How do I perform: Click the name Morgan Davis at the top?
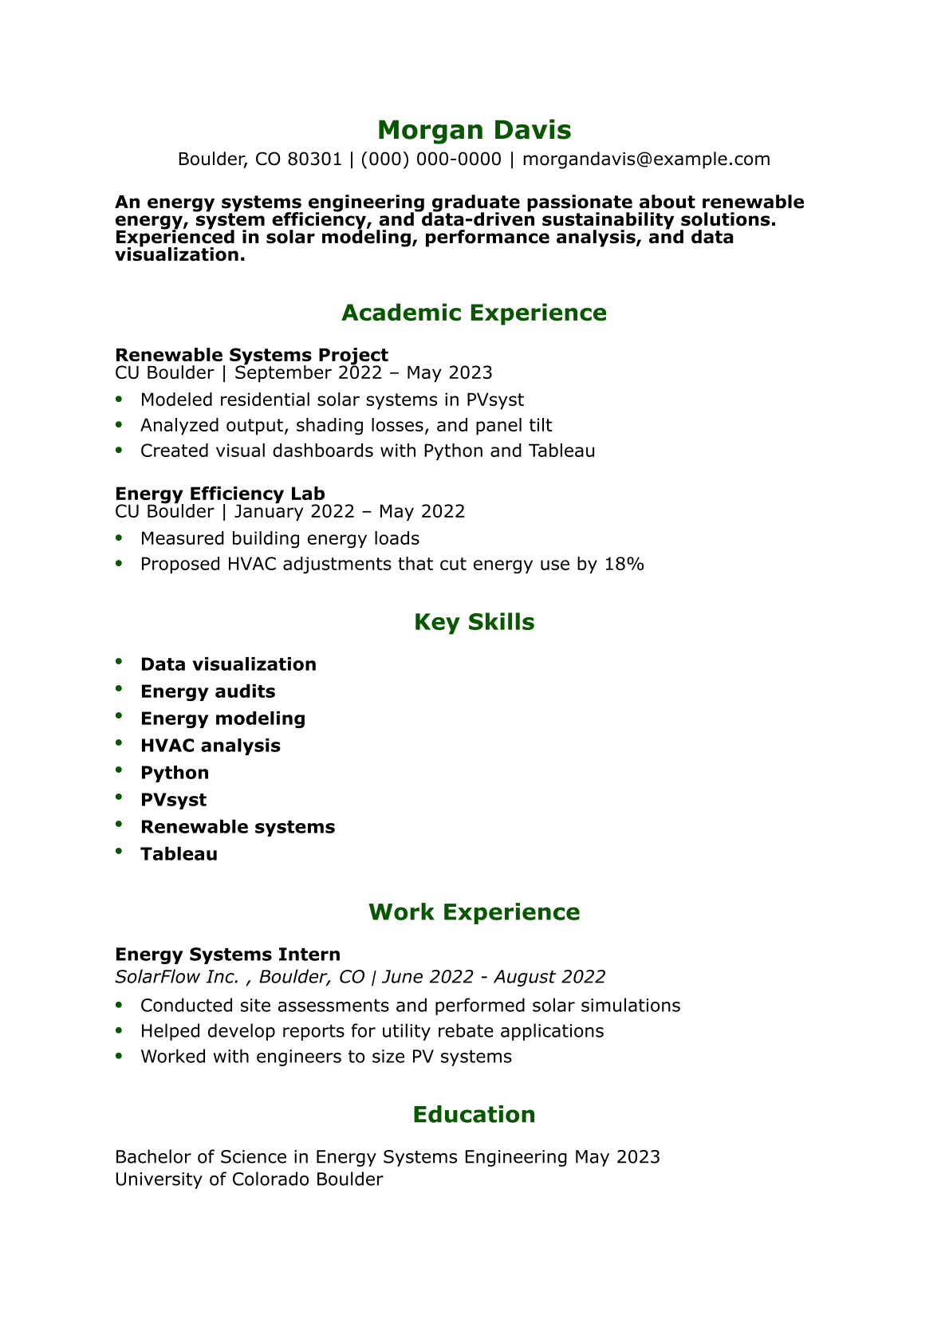[x=474, y=130]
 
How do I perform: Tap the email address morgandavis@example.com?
[x=646, y=160]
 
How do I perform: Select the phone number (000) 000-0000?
[x=431, y=160]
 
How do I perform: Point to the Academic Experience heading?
[x=474, y=313]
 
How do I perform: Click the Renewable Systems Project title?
[x=251, y=355]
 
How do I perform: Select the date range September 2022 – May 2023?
[x=363, y=373]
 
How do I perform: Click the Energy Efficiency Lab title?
[x=219, y=494]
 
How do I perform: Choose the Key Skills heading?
[x=474, y=622]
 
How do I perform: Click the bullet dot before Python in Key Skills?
[x=119, y=770]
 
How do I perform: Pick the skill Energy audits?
[x=207, y=691]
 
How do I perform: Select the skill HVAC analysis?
[x=211, y=746]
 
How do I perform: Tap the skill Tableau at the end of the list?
[x=179, y=854]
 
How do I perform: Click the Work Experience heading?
[x=474, y=912]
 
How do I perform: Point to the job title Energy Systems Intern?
[x=227, y=955]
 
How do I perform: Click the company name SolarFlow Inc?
[x=177, y=977]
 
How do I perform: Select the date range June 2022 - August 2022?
[x=494, y=977]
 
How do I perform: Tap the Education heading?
[x=474, y=1115]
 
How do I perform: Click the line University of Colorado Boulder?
[x=249, y=1180]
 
